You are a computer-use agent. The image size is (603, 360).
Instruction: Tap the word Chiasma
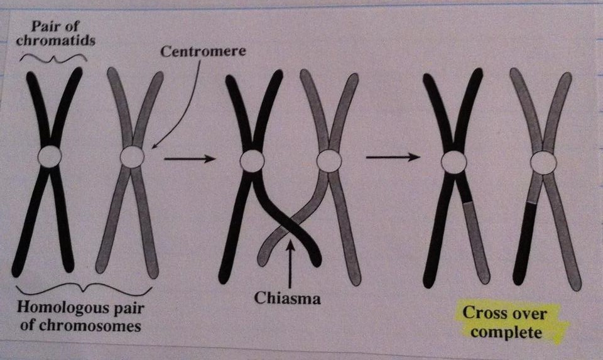click(287, 298)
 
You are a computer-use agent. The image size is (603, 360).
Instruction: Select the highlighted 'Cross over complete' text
click(504, 322)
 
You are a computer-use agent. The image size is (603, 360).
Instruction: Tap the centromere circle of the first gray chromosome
click(132, 156)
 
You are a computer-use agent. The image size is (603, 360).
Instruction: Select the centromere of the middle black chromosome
click(252, 161)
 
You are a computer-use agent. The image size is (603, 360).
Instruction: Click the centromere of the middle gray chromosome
click(329, 161)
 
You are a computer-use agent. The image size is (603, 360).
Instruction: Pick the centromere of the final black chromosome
click(454, 163)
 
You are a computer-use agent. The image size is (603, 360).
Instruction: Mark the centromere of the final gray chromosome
click(543, 163)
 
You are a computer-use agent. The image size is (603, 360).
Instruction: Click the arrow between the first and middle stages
click(189, 159)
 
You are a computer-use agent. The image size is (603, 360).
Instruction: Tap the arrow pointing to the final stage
click(393, 157)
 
